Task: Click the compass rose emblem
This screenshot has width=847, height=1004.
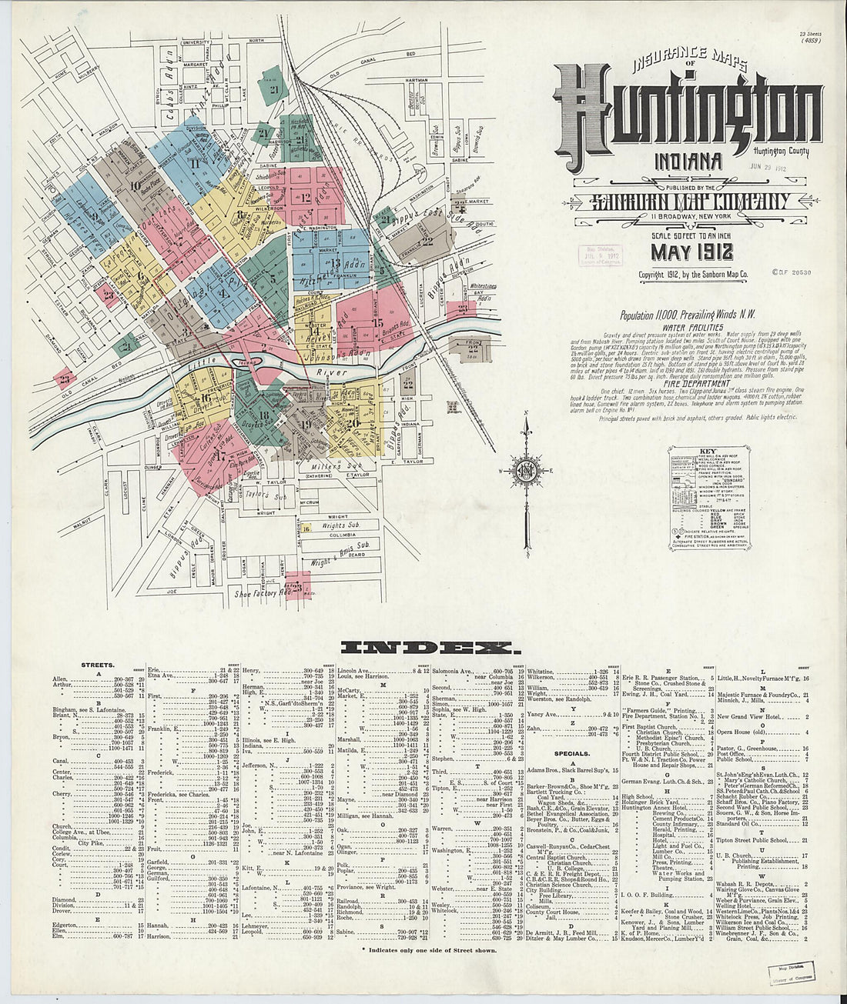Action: pyautogui.click(x=525, y=470)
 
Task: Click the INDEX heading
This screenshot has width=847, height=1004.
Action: pyautogui.click(x=427, y=646)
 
